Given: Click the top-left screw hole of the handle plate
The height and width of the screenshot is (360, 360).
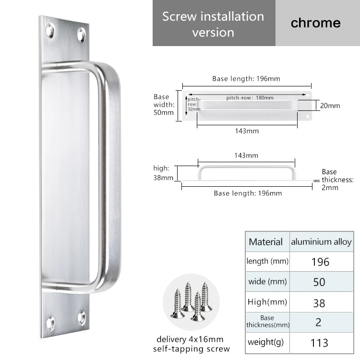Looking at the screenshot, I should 50,31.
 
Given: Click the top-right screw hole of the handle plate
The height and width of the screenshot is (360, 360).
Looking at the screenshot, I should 81,35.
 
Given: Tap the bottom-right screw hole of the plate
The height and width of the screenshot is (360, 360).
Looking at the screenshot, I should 81,318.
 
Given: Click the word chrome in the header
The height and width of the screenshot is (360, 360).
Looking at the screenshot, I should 315,23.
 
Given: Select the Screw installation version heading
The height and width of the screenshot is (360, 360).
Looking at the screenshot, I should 213,24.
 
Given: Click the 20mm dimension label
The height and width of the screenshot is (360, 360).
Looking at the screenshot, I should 330,106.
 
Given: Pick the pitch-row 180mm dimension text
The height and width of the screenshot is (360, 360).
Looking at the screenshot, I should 250,98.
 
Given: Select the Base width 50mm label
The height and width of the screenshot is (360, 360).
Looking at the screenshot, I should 164,105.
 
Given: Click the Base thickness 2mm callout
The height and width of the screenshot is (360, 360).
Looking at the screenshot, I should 337,180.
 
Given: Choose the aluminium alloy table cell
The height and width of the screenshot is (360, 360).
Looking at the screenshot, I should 321,242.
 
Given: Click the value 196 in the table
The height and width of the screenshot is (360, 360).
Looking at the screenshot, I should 320,262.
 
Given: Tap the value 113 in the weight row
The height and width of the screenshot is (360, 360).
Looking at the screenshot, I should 319,342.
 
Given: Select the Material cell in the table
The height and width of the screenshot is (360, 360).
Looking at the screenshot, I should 265,242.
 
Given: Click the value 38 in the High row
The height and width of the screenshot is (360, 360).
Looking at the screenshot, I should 319,303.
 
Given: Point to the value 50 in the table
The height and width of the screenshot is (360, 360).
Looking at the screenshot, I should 319,282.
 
